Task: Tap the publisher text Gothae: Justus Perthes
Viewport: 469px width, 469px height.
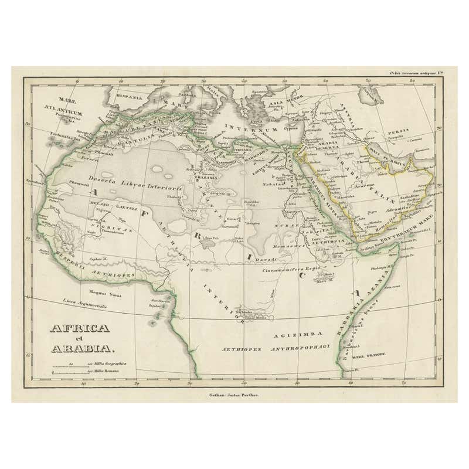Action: pos(233,395)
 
